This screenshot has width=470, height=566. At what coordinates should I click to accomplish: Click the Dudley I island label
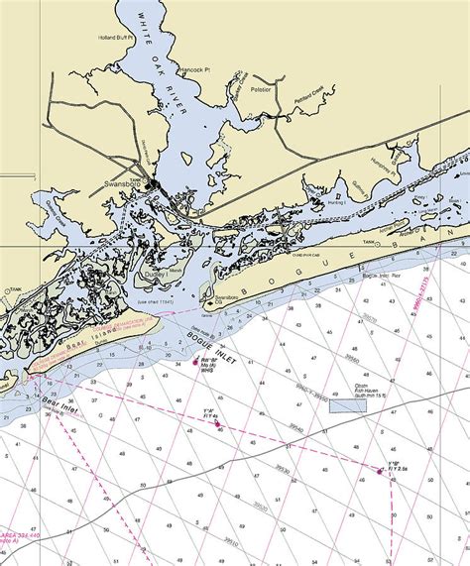pos(155,276)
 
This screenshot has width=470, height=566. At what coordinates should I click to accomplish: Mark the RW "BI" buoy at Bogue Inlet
pos(194,364)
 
